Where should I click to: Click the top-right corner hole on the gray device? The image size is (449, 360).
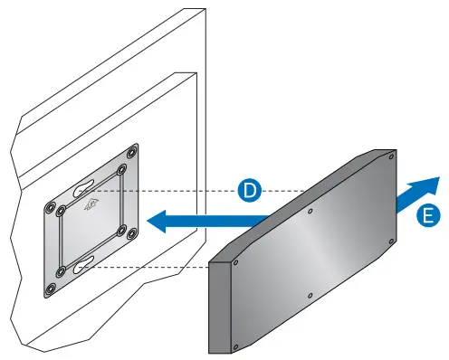click(390, 160)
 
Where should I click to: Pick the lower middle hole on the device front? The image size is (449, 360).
click(311, 294)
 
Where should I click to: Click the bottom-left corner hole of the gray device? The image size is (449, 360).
click(235, 344)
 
